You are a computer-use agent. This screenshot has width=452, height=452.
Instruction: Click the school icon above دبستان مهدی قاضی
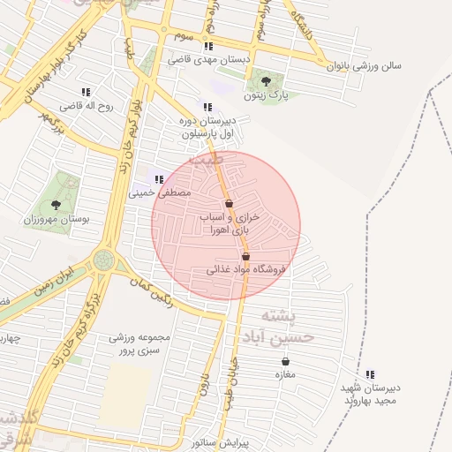click(x=207, y=46)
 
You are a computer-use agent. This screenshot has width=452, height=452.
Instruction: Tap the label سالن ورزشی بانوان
click(x=365, y=66)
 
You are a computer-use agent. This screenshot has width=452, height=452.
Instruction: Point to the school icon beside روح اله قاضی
click(x=86, y=92)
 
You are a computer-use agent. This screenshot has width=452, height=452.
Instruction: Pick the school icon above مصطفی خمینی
click(x=158, y=179)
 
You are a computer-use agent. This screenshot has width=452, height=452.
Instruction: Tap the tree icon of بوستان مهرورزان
click(x=56, y=205)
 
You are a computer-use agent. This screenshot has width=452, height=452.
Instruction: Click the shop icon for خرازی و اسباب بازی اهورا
click(x=228, y=203)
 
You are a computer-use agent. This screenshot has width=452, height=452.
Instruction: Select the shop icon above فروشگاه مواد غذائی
click(x=245, y=256)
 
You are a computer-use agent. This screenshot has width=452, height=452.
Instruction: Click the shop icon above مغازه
click(x=285, y=361)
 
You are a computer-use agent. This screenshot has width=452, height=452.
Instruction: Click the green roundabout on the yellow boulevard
click(x=104, y=260)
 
